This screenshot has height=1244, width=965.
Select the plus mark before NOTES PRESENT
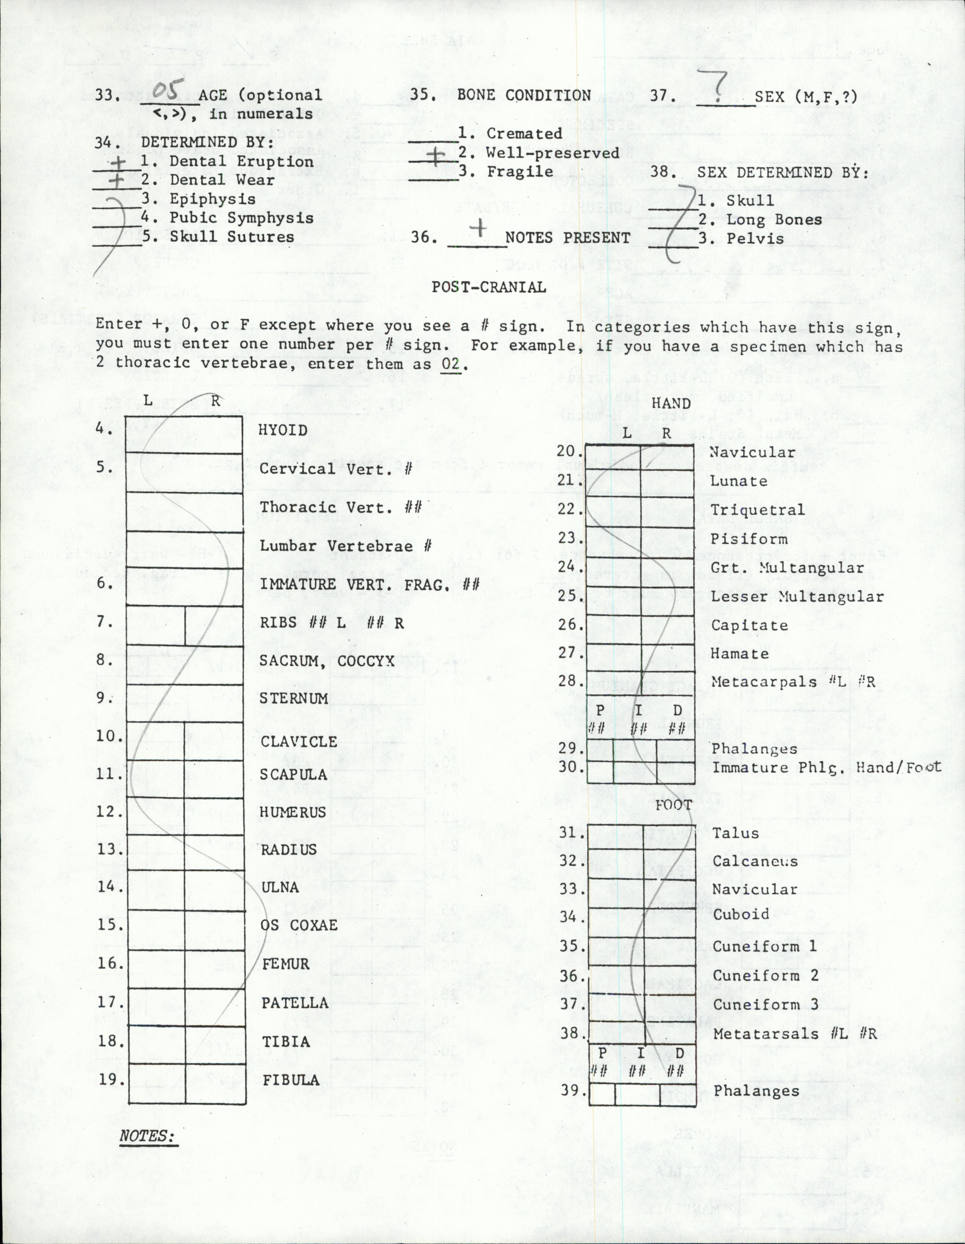479,229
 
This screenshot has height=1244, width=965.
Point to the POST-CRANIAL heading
489,287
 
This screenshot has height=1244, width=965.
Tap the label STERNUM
294,698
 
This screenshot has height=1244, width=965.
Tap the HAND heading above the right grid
671,403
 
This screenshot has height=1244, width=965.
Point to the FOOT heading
673,805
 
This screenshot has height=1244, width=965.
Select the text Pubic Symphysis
242,218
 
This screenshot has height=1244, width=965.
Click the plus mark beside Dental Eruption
117,162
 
